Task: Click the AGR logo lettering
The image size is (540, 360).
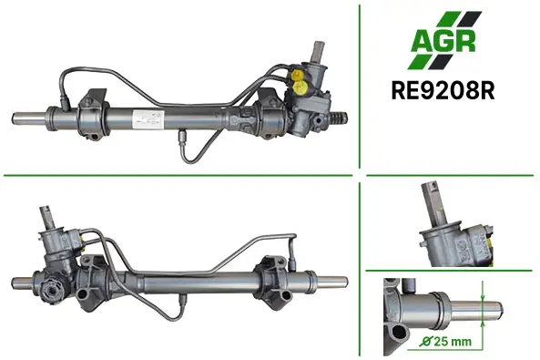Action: point(443,41)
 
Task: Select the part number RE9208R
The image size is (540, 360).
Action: point(443,90)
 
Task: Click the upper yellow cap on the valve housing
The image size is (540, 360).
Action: point(297,75)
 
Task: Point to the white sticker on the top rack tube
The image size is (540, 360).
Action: point(148,119)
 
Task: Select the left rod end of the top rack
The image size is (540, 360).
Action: point(29,118)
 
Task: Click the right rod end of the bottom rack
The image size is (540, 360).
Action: point(331,283)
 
